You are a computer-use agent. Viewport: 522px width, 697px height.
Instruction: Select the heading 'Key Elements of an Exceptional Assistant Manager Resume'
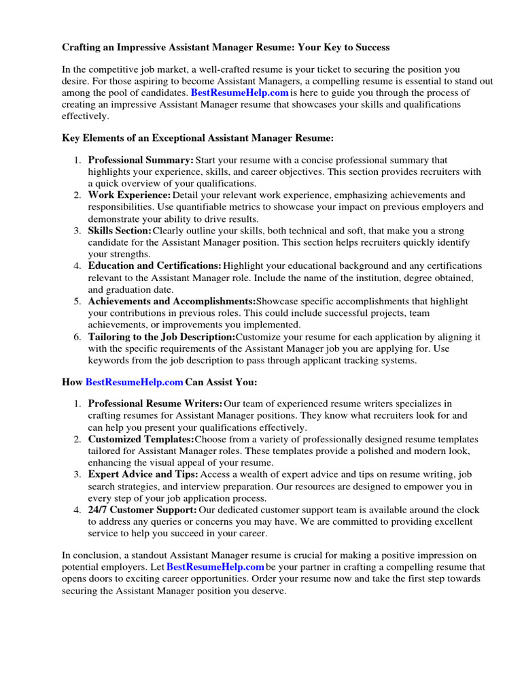198,138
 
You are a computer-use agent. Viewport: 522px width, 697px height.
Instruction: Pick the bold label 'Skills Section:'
120,231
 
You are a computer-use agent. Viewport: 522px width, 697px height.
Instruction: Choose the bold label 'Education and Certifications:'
155,266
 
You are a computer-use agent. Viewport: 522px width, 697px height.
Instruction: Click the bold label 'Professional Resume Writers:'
156,405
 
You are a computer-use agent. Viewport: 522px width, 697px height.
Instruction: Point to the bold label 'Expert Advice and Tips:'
143,474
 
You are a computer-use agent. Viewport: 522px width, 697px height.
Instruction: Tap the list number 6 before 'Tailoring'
77,337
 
